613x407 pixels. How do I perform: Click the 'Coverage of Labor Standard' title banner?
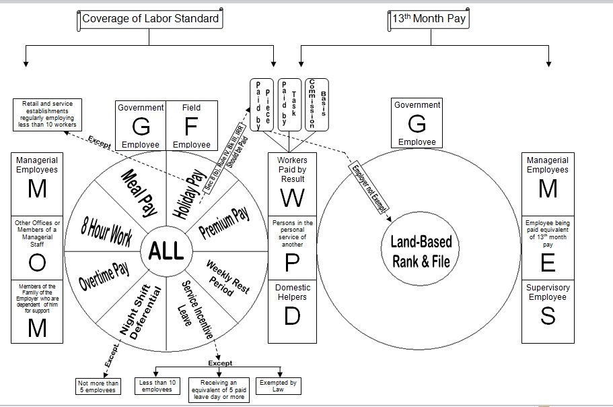tap(150, 19)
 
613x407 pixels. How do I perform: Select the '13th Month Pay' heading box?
tap(429, 19)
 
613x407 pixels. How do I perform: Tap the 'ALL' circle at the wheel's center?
tap(166, 251)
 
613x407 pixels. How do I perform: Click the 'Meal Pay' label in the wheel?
tap(139, 193)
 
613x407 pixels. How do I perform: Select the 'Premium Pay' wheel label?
tap(225, 222)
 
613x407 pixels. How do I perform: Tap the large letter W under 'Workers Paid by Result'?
tap(291, 197)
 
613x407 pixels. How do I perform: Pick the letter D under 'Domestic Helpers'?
tap(291, 316)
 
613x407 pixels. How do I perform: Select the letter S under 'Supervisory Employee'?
tap(548, 316)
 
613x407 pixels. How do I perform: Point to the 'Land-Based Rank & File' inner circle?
tap(421, 251)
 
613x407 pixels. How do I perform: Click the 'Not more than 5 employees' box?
tap(98, 387)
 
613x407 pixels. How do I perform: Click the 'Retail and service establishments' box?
tap(47, 115)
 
